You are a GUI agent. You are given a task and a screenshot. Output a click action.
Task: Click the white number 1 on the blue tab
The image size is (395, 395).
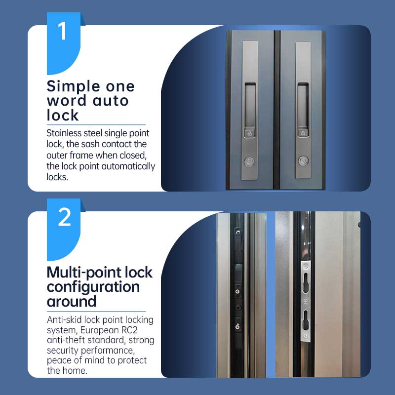pyautogui.click(x=63, y=31)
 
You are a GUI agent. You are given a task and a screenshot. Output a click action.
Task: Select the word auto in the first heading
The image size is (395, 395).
pyautogui.click(x=111, y=101)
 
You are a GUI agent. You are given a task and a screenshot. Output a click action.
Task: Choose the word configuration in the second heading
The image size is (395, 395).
pyautogui.click(x=93, y=287)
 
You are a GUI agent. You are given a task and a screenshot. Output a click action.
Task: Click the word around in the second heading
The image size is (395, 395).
pyautogui.click(x=72, y=301)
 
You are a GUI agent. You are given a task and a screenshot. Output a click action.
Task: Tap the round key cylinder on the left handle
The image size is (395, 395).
pyautogui.click(x=249, y=161)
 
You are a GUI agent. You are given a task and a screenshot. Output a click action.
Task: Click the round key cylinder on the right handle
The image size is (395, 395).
pyautogui.click(x=303, y=161)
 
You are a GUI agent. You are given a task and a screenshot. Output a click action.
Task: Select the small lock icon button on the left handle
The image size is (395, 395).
pyautogui.click(x=249, y=133)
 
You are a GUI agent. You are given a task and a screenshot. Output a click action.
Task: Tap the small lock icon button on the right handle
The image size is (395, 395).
pyautogui.click(x=303, y=133)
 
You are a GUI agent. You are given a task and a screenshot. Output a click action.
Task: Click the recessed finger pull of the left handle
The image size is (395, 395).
pyautogui.click(x=250, y=105)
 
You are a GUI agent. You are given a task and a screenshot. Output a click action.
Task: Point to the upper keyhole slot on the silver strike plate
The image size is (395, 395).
pyautogui.click(x=306, y=282)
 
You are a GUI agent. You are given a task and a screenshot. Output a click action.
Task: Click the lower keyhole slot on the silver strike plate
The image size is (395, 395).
pyautogui.click(x=306, y=320)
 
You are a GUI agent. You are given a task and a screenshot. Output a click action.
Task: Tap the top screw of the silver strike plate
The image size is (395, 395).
pyautogui.click(x=306, y=266)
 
